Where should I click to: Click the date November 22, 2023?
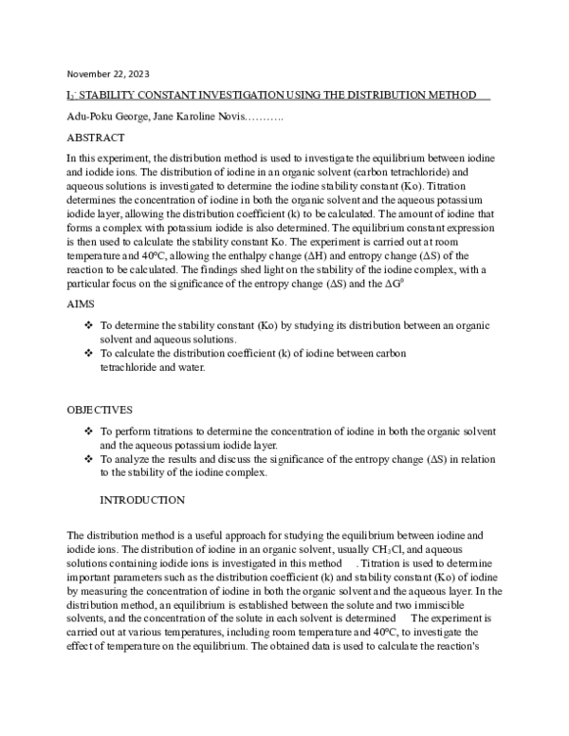click(x=107, y=73)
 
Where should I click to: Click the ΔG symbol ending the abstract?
click(x=395, y=271)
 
